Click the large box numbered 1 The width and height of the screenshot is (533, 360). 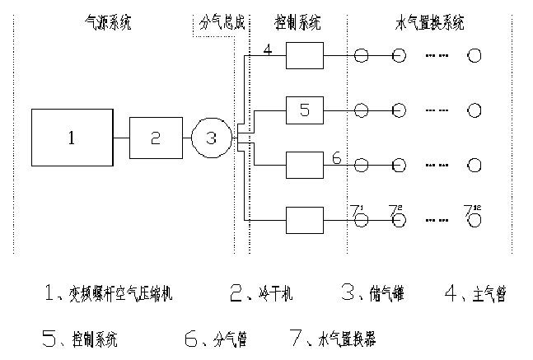click(x=71, y=138)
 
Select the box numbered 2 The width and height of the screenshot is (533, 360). click(x=156, y=138)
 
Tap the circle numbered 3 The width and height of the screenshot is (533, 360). click(x=211, y=138)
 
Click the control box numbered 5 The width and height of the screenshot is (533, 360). click(x=304, y=110)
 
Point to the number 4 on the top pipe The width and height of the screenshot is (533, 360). click(x=268, y=49)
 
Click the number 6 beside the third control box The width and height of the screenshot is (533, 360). click(x=336, y=157)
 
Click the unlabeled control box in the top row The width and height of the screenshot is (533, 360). click(x=304, y=56)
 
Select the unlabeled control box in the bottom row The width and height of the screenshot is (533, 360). click(x=304, y=219)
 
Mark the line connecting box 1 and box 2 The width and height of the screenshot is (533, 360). click(x=120, y=138)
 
